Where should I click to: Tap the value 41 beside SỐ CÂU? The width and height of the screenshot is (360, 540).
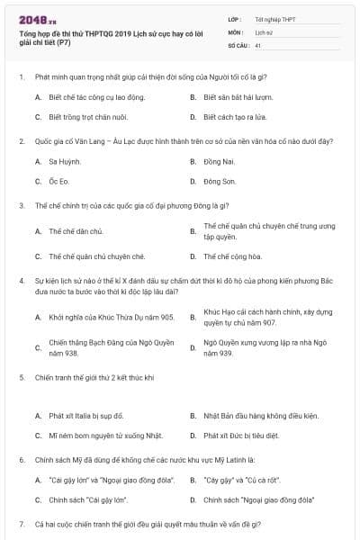point(258,44)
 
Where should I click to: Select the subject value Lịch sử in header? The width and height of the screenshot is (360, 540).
point(264,31)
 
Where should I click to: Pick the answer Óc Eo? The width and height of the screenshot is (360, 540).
point(59,181)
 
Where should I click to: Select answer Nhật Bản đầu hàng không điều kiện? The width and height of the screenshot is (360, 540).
point(261,416)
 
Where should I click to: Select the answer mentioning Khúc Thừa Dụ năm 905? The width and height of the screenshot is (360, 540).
point(99,317)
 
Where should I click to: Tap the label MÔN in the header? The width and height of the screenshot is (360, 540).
point(233,31)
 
